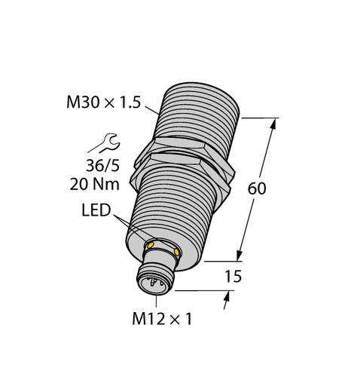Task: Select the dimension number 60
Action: tap(257, 189)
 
